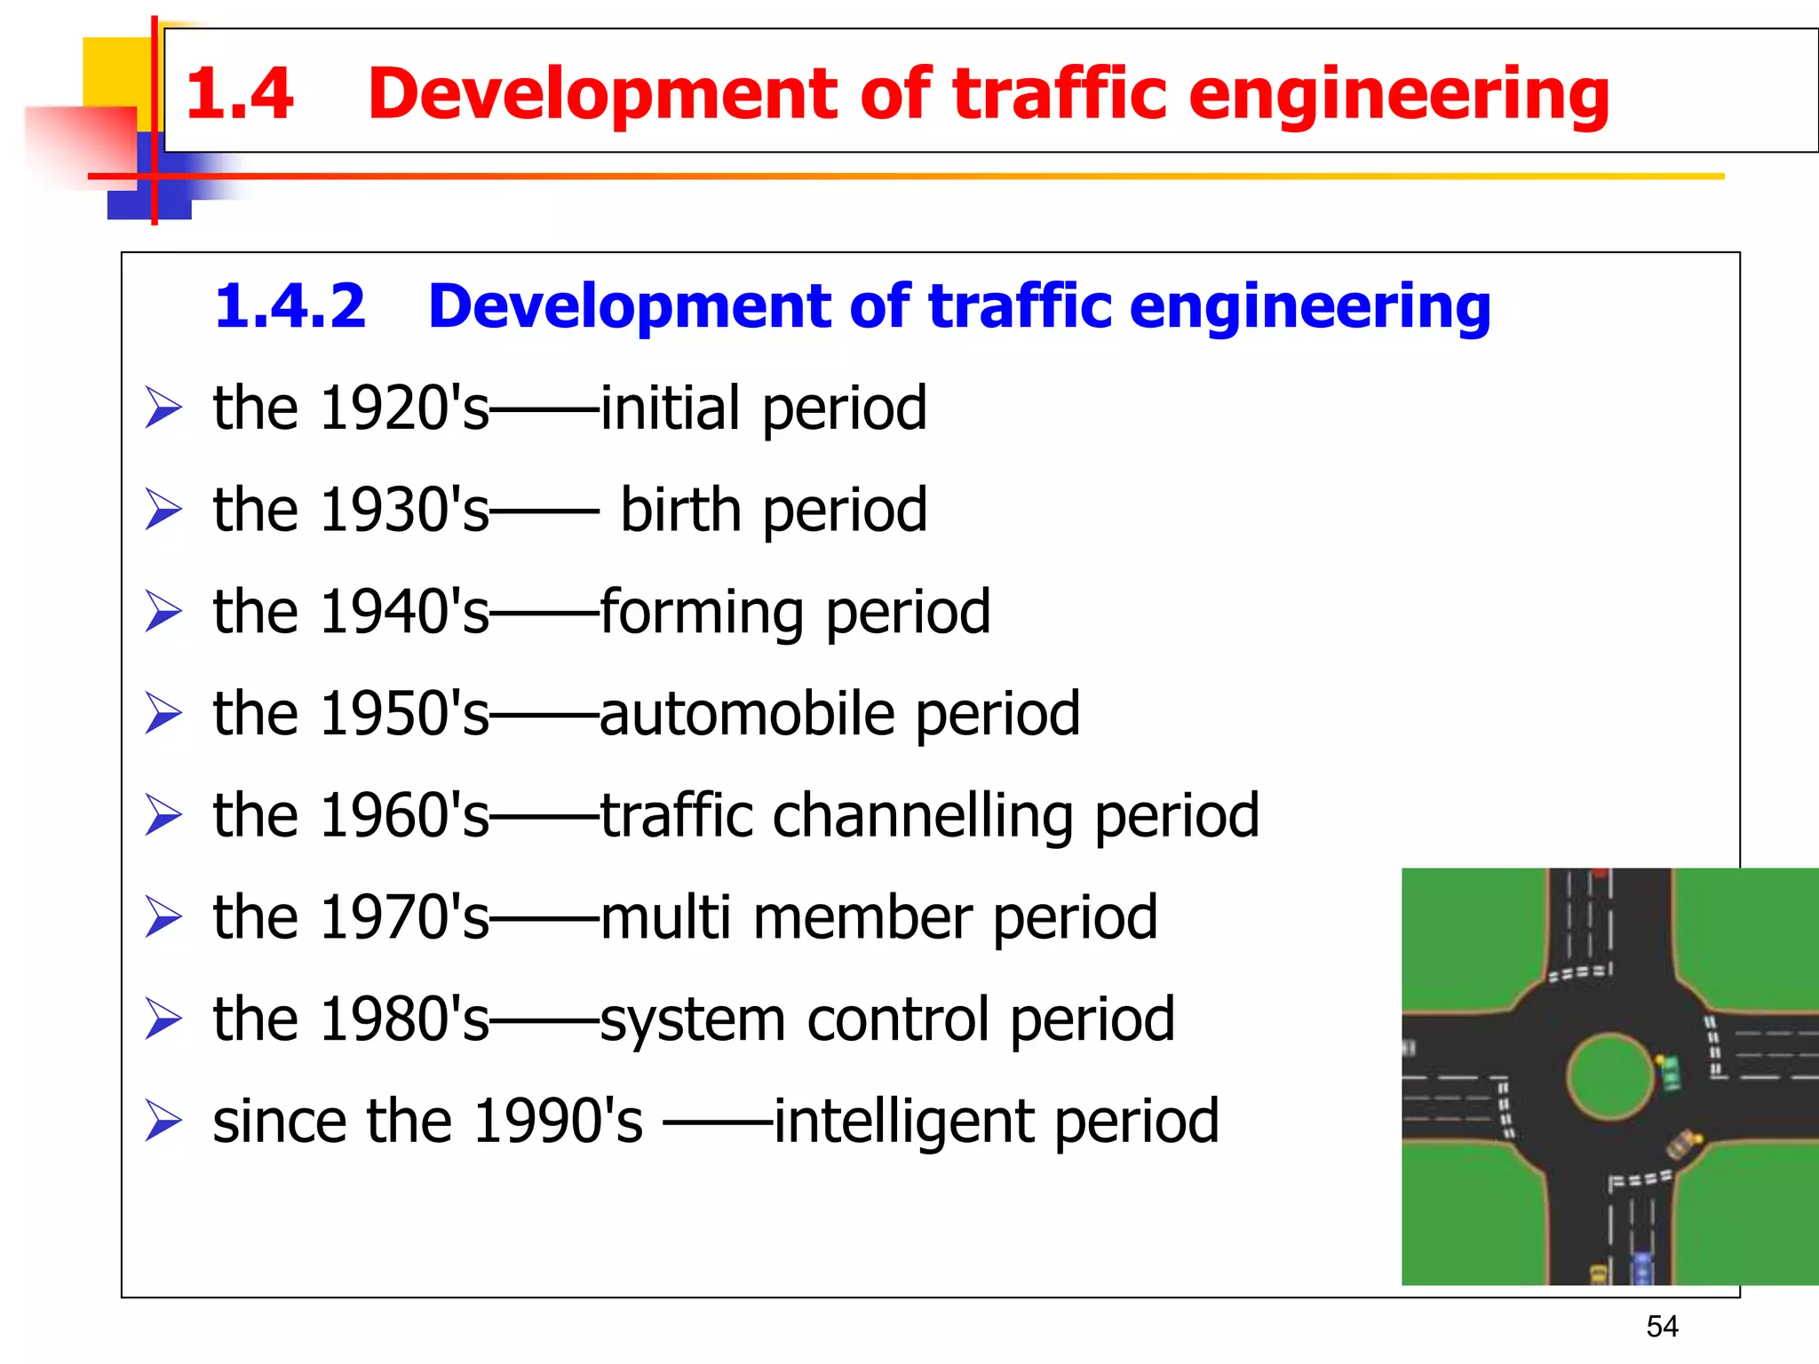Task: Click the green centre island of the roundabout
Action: coord(1609,1076)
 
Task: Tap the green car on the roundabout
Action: coord(1671,1072)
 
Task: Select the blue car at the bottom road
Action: coord(1642,1267)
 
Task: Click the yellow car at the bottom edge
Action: coord(1598,1275)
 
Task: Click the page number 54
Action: coord(1662,1326)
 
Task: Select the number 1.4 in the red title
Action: coord(240,93)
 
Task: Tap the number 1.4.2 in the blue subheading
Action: coord(290,306)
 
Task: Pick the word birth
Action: coord(680,511)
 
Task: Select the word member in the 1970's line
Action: coord(862,917)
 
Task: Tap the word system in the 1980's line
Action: coord(693,1019)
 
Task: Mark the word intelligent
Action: coord(904,1121)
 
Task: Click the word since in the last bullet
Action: coord(279,1121)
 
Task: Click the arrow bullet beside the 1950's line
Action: coord(163,714)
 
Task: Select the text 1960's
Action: coord(404,816)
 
